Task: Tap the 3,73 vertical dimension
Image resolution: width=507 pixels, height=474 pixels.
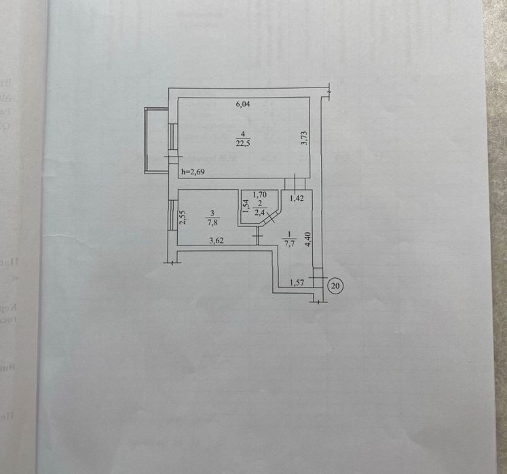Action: click(x=305, y=139)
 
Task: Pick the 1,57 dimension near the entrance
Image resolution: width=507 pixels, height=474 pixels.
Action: click(x=296, y=283)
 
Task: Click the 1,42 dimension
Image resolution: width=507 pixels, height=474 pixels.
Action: click(x=296, y=199)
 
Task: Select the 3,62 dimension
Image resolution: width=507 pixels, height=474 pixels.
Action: click(x=217, y=239)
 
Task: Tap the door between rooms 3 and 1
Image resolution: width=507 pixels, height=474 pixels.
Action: click(x=257, y=236)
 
